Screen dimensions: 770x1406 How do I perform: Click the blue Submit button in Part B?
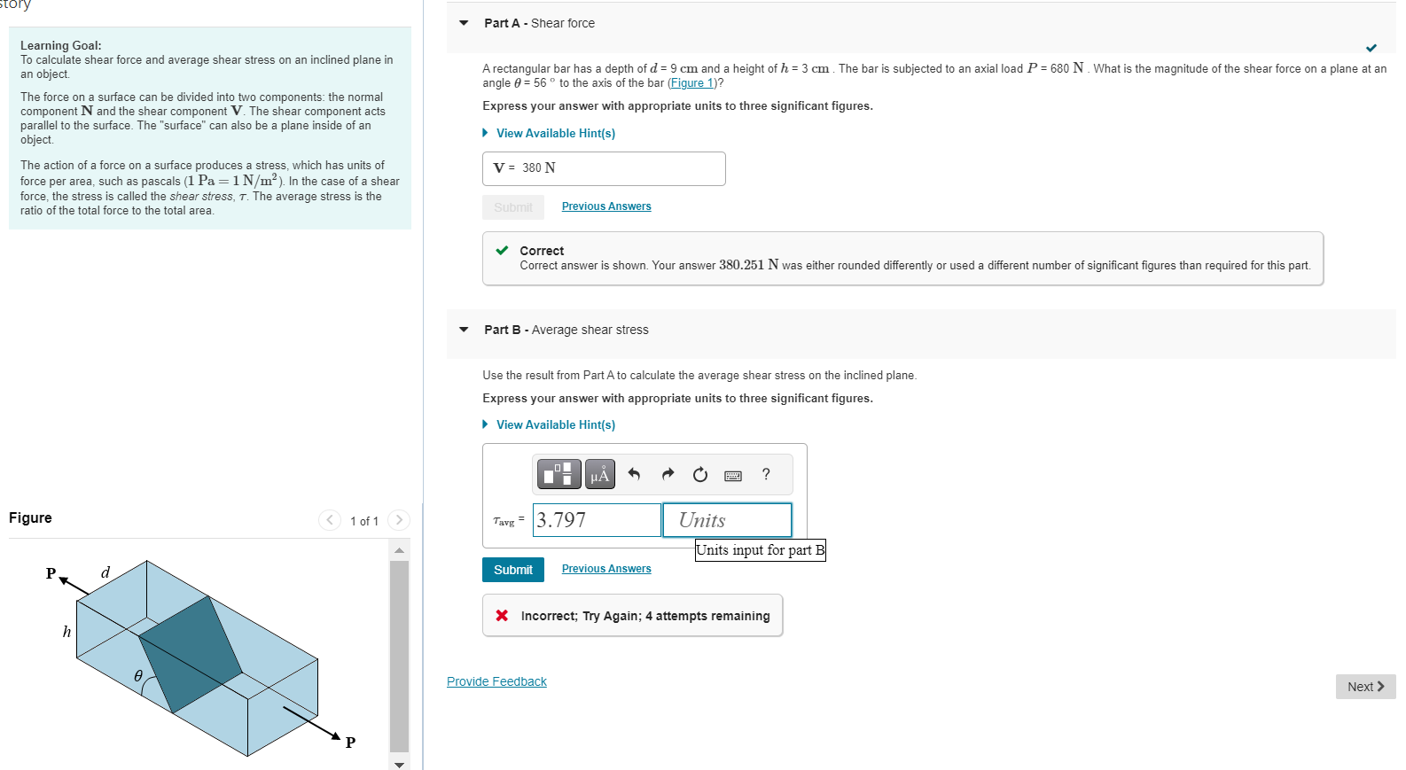click(512, 570)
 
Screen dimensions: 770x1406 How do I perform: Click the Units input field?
click(727, 520)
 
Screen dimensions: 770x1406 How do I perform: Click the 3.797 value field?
click(597, 520)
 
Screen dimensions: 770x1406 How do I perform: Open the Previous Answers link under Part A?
click(606, 206)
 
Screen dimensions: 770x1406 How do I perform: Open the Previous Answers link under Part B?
click(606, 569)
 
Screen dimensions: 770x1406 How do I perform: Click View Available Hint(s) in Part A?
click(555, 133)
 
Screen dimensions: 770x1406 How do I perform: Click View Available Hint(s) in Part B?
click(555, 424)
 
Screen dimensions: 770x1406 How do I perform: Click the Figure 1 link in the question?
click(691, 83)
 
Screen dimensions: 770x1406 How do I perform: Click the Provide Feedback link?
click(496, 681)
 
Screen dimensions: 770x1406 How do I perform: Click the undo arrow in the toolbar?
click(634, 474)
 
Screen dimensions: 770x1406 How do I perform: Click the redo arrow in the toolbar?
click(668, 474)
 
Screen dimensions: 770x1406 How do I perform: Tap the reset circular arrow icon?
click(700, 475)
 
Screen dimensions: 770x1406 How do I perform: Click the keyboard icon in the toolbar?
click(733, 476)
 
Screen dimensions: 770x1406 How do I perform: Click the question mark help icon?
click(766, 474)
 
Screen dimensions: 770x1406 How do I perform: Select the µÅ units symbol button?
click(600, 474)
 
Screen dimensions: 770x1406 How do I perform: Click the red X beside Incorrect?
click(502, 616)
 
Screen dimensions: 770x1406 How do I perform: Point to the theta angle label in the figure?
click(138, 676)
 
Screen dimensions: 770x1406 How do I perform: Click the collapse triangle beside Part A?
click(464, 23)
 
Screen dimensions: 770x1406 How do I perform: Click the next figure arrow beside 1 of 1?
click(399, 520)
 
